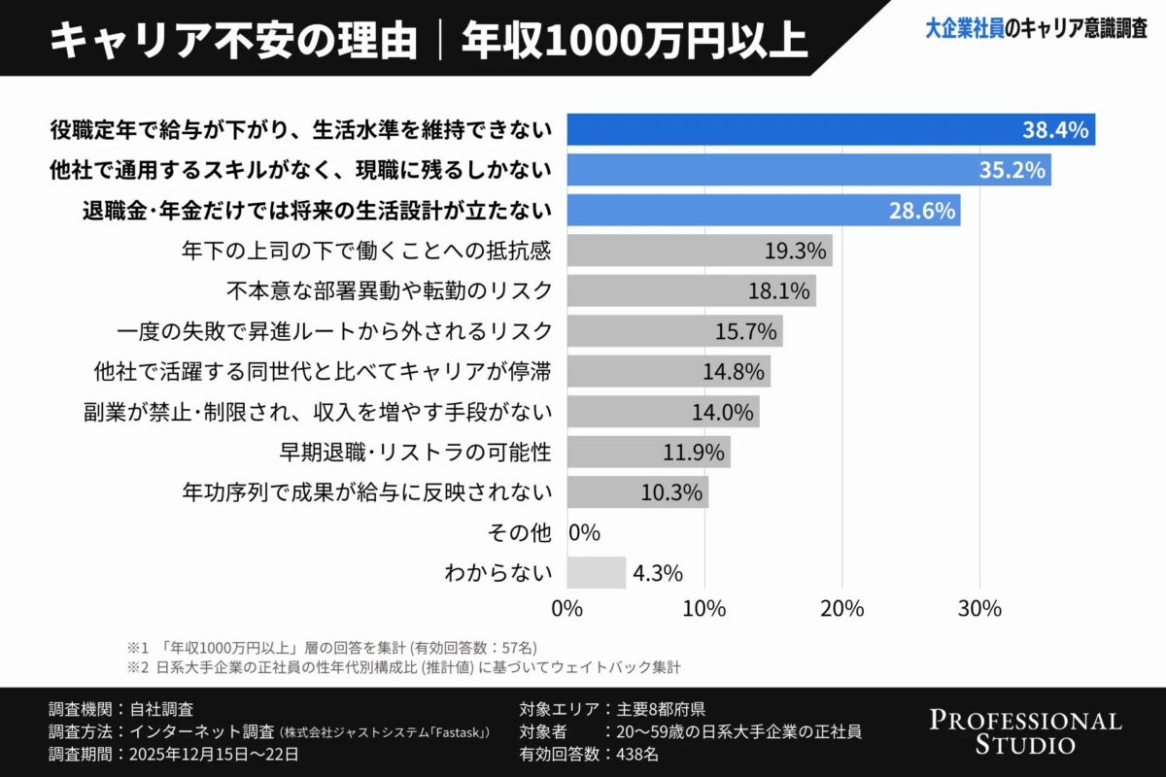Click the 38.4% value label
pos(1054,130)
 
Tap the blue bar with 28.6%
pos(763,210)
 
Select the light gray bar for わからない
pos(596,573)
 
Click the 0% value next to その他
pos(584,532)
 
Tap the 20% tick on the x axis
pos(841,610)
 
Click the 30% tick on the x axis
pos(979,610)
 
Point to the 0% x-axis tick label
pos(566,610)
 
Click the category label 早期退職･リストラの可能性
pos(415,452)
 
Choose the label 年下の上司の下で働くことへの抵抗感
pos(366,251)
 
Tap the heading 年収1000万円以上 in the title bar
pos(634,39)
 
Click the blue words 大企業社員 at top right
pos(964,30)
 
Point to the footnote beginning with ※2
pos(403,667)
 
